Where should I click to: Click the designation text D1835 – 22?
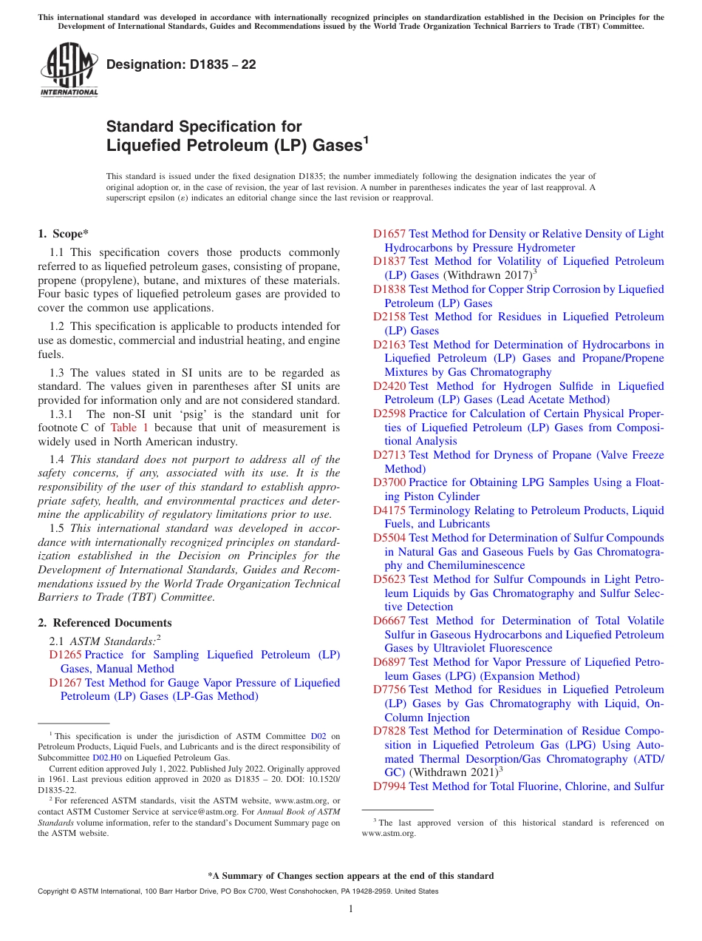coord(181,65)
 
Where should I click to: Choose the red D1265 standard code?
coord(65,655)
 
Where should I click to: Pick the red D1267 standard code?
coord(65,683)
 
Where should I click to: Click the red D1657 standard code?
coord(389,234)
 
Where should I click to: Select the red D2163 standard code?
coord(389,345)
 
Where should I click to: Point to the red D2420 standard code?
coord(389,386)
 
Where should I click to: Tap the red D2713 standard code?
coord(389,455)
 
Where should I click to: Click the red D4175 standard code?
coord(389,510)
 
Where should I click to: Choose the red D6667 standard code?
coord(389,621)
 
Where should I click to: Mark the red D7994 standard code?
coord(389,786)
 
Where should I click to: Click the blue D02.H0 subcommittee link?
coord(107,758)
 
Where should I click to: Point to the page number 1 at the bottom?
coord(351,909)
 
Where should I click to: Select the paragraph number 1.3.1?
coord(64,414)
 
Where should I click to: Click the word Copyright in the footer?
coord(53,891)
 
